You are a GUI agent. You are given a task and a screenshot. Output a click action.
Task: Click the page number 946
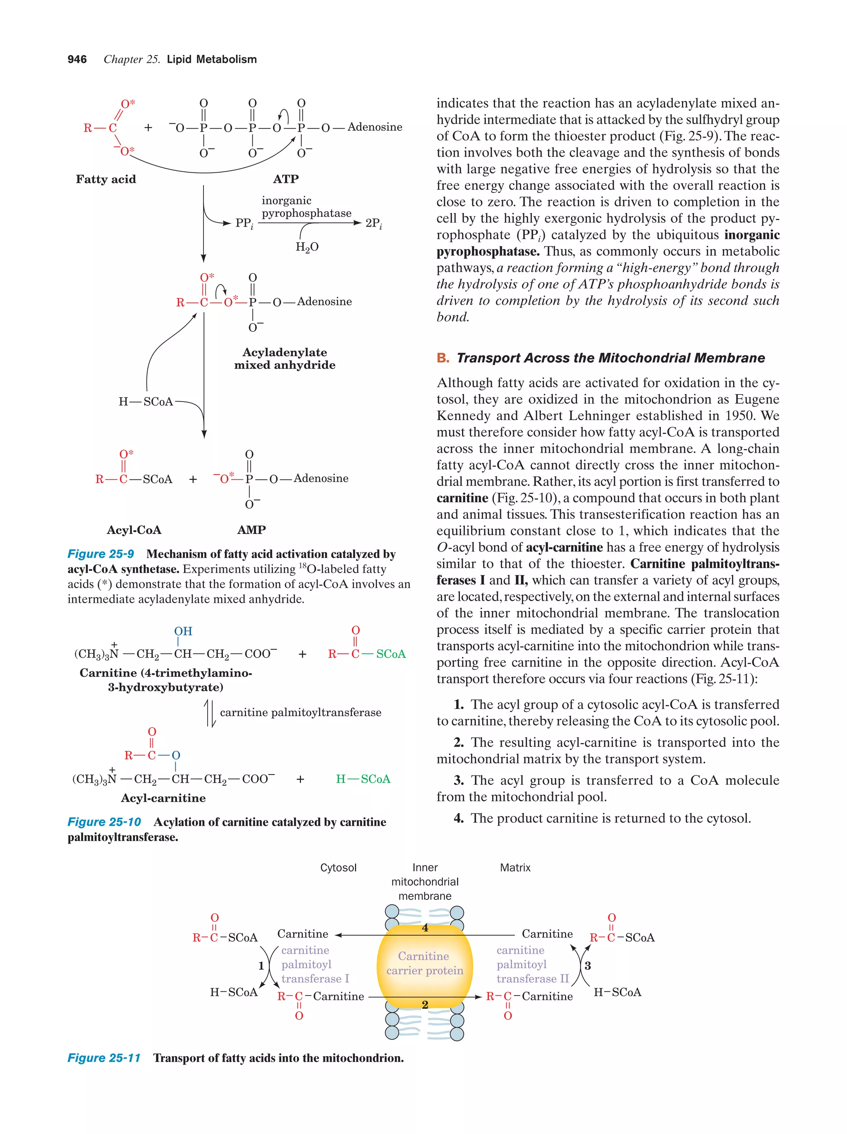77,60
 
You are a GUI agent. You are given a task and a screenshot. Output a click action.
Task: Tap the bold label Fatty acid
105,179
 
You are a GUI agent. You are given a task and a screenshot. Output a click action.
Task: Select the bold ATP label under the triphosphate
285,179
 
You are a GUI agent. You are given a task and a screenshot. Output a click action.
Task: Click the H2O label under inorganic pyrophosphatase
307,247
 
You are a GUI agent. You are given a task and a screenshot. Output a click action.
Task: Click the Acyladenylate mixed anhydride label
285,358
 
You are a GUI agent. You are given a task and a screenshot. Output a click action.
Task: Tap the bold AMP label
251,530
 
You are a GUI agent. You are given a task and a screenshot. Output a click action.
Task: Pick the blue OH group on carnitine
183,631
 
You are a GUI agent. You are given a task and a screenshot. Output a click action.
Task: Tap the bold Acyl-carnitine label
163,798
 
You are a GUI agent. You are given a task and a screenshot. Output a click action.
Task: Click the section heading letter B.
442,358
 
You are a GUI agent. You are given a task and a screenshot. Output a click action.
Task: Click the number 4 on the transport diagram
425,928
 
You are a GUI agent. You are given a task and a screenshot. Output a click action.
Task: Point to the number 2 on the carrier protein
425,1004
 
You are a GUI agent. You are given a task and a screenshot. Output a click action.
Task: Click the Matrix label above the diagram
515,868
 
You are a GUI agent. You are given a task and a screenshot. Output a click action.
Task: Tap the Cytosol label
338,868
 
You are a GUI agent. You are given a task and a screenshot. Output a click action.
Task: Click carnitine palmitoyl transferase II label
532,964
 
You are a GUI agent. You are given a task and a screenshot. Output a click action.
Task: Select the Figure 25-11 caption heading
104,1057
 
